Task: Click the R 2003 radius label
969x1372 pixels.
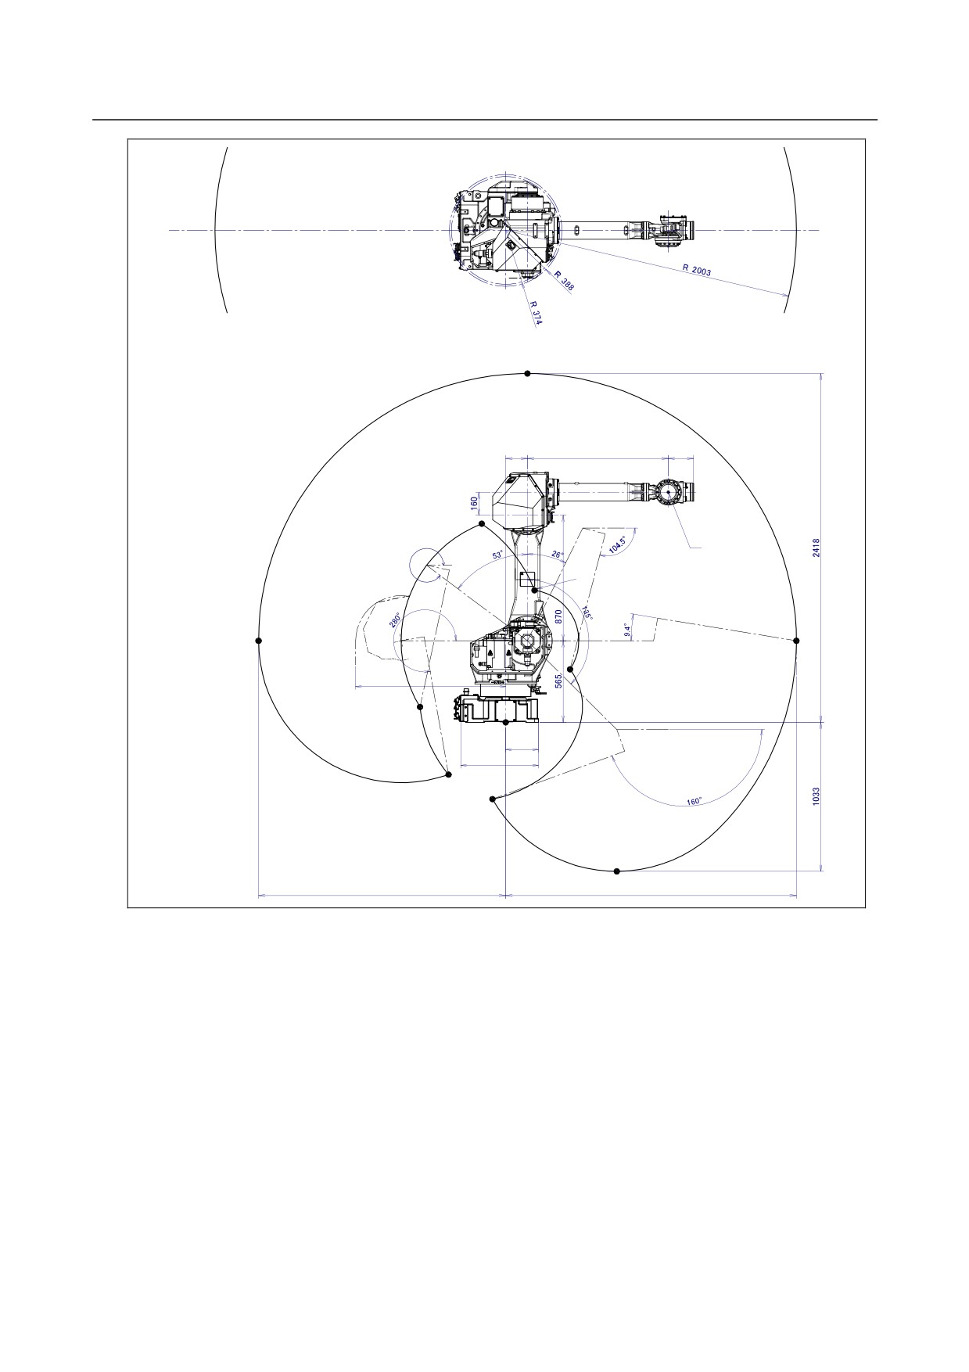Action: pyautogui.click(x=696, y=271)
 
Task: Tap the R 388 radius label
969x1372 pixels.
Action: pyautogui.click(x=564, y=281)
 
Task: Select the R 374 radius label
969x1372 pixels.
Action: pyautogui.click(x=536, y=312)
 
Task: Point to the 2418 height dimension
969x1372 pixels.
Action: pyautogui.click(x=816, y=548)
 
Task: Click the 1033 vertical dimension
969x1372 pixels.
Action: pyautogui.click(x=816, y=798)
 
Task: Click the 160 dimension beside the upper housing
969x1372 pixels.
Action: pyautogui.click(x=474, y=502)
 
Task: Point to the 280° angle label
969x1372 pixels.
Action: pyautogui.click(x=396, y=623)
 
